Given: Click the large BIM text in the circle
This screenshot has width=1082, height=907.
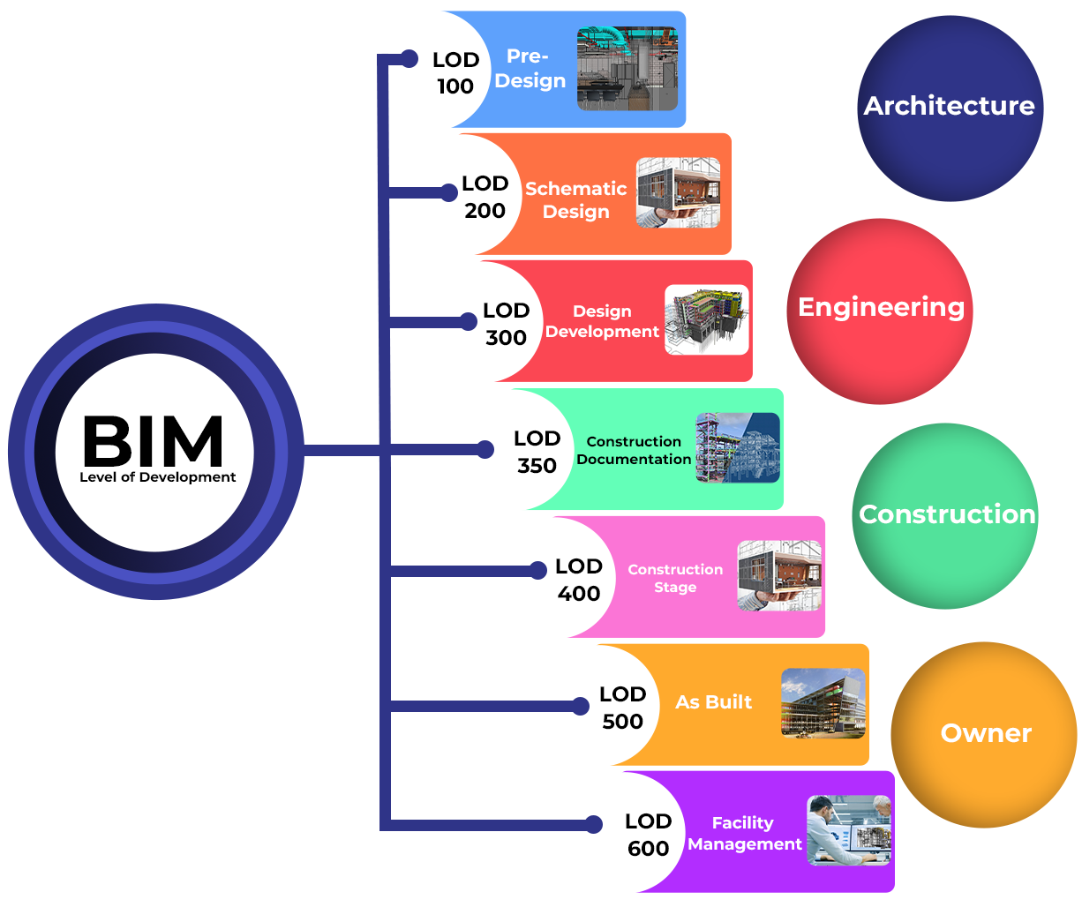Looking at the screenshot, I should (x=153, y=441).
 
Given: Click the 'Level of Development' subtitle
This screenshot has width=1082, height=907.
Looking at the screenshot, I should (x=158, y=477).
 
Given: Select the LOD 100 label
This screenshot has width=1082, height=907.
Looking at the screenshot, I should (x=455, y=73).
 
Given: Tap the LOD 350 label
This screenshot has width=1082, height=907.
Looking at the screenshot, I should (x=537, y=452).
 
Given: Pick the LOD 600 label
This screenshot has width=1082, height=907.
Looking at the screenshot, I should (x=649, y=835).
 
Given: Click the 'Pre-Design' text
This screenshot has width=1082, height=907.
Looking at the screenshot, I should (x=530, y=69).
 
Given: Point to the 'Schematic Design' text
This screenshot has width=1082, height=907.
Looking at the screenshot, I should (x=576, y=200).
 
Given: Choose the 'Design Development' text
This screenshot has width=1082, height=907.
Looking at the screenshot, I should (x=602, y=322).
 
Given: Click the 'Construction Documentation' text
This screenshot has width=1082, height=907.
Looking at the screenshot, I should (x=634, y=450).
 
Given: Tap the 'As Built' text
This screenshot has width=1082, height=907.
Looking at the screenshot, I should (x=713, y=702).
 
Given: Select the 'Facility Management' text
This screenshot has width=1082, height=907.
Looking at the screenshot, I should (x=744, y=834).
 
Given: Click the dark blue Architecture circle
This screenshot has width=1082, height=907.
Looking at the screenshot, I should (x=950, y=108).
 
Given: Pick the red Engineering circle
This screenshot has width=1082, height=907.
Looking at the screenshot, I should (x=880, y=311).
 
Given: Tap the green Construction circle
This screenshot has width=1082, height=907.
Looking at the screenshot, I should (x=946, y=516).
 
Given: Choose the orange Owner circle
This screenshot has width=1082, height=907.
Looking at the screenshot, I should (x=984, y=734).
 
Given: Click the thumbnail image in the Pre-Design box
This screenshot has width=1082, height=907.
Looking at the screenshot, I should (x=627, y=69).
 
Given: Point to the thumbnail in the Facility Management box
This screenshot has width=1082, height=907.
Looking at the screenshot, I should (x=849, y=831).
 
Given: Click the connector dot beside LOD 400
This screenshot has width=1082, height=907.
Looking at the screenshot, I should (x=538, y=571).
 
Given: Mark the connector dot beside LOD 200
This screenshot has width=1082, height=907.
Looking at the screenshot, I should (x=449, y=192).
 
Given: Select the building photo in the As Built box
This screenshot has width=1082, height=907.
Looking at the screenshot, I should (x=823, y=703).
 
